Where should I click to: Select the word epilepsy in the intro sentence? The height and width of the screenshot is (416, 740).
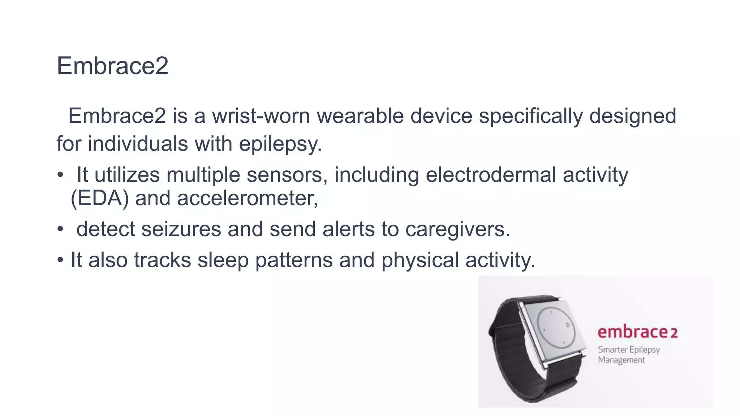click(280, 144)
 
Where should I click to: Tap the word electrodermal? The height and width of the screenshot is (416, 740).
click(491, 175)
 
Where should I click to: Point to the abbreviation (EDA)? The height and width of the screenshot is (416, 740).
click(99, 198)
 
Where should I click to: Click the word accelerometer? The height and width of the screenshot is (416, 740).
click(247, 198)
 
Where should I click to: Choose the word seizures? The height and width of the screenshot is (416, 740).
click(181, 229)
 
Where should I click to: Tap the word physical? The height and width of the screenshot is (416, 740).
click(420, 260)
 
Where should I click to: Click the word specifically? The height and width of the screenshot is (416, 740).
click(531, 116)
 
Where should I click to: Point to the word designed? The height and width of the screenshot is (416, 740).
click(633, 116)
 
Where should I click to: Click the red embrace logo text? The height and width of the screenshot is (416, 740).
click(632, 332)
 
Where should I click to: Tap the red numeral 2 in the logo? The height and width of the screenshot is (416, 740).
click(674, 333)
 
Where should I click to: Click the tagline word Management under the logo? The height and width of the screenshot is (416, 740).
click(621, 360)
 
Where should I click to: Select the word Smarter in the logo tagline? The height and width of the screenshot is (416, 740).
click(612, 350)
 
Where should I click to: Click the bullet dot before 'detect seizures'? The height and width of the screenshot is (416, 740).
click(60, 229)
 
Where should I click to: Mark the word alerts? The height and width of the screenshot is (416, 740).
click(348, 229)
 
